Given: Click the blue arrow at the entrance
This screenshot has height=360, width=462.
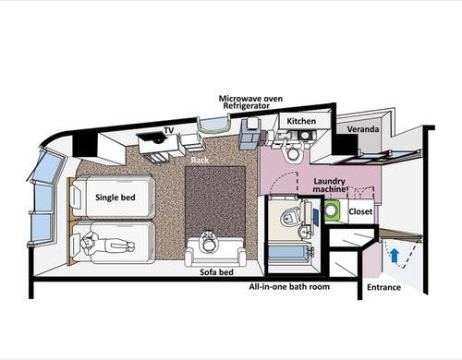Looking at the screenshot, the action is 395,256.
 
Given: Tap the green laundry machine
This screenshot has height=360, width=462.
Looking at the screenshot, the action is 332,210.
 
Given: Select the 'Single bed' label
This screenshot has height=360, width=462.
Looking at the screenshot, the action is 115,198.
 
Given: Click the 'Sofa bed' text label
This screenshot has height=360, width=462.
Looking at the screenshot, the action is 216,272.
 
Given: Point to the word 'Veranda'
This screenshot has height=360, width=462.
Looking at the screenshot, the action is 363,129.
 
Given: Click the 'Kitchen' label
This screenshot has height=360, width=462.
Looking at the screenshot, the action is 301,121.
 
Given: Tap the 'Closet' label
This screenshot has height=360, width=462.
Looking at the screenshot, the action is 360,211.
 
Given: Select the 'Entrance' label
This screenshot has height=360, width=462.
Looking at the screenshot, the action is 383,287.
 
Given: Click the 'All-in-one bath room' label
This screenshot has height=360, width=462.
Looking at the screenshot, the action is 289,287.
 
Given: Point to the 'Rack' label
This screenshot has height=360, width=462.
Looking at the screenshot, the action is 200,161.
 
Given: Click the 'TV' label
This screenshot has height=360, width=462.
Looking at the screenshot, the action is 169,130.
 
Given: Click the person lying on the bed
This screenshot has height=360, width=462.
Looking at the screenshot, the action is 107,245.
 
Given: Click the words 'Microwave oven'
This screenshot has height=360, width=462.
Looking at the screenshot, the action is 250,99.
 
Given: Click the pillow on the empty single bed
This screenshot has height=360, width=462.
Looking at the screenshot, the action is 77,198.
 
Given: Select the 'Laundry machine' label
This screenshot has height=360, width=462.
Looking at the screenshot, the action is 330,185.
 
